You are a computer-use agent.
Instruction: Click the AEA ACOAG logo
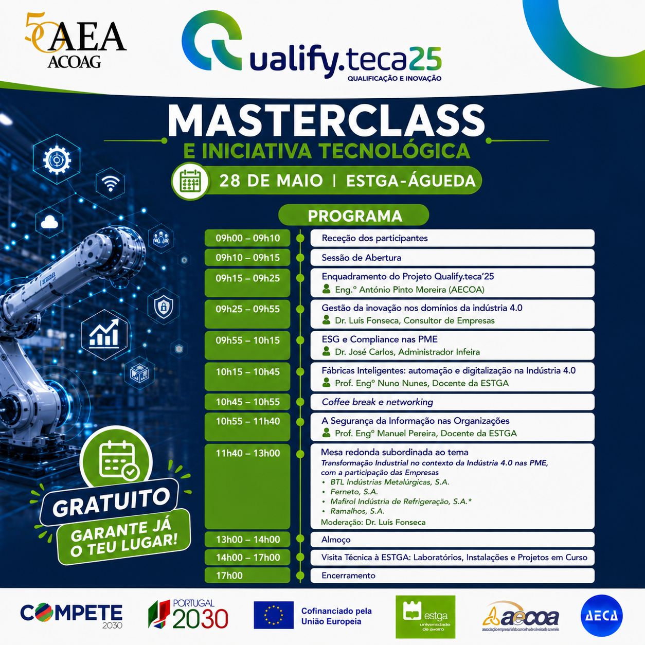76,40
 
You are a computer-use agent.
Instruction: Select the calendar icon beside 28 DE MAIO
190,181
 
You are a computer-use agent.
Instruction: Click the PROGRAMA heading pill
354,216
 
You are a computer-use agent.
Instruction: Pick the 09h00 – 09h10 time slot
247,238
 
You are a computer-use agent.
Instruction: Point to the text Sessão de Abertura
361,258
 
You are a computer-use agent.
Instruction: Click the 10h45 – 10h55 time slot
247,402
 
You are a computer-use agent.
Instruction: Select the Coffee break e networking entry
377,402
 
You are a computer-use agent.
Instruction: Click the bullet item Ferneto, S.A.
354,492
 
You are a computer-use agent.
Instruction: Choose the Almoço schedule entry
336,540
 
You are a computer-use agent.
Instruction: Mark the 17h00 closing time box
247,576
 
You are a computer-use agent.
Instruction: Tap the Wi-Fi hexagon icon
111,184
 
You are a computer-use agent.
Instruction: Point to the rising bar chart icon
104,335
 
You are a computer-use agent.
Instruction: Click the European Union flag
274,615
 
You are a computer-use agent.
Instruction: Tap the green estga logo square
425,617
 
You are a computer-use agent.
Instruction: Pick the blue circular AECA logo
601,615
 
